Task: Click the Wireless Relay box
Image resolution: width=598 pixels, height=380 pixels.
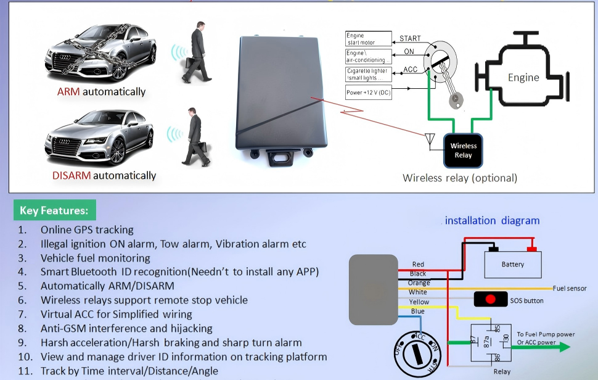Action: coord(464,151)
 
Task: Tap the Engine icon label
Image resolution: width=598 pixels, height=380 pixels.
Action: coord(523,78)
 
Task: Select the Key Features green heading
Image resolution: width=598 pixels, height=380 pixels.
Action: coord(54,210)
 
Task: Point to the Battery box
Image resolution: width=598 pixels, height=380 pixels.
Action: coord(512,264)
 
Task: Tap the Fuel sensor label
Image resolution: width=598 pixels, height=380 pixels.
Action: coord(569,288)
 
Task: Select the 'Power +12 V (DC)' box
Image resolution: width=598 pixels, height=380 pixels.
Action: coord(368,93)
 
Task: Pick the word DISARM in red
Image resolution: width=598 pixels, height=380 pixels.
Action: coord(72,176)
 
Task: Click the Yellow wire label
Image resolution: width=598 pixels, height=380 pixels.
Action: coord(419,302)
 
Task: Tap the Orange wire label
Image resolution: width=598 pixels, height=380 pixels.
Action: coord(419,283)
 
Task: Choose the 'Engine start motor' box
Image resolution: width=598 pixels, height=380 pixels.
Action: coord(368,39)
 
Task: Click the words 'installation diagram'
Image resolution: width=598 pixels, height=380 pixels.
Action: coord(492,221)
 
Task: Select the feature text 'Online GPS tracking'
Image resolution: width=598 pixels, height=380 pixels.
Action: coord(87,229)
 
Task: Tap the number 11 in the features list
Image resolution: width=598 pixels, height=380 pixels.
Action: coord(25,371)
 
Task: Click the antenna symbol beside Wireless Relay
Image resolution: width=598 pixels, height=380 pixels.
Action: coord(430,139)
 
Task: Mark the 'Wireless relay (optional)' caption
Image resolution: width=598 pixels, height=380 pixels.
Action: coord(460,178)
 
